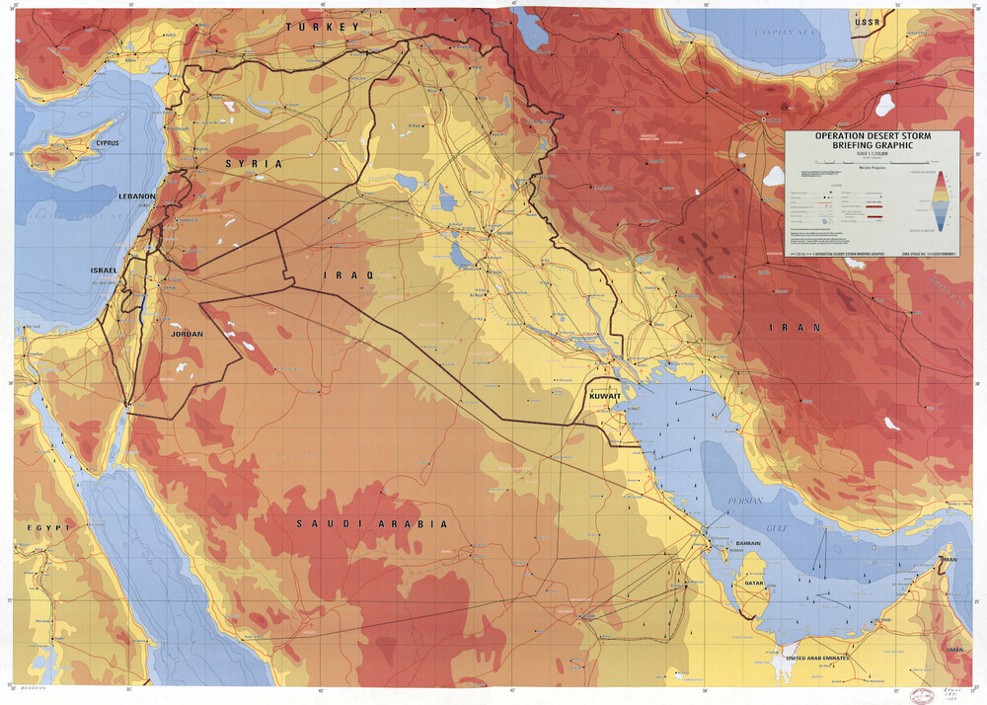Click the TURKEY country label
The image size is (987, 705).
(323, 28)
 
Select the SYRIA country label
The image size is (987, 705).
(254, 163)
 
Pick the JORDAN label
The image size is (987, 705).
(188, 334)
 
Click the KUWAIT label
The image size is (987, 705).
(604, 395)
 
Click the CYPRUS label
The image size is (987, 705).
(107, 143)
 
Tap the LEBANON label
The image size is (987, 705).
(137, 196)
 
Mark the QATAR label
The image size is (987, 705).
(754, 584)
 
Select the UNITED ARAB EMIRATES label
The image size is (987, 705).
(825, 657)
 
